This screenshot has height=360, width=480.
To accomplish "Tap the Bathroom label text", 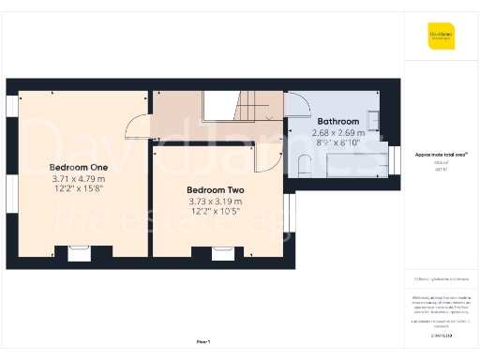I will coord(337,122).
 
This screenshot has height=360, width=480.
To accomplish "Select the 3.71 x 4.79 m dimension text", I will coord(79,179).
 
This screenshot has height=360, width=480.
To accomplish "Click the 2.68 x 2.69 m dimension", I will coord(337,133).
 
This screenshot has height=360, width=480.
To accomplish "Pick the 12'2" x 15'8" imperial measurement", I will coord(79,189).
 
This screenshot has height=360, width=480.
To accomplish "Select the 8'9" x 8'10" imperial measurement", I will coord(337,143).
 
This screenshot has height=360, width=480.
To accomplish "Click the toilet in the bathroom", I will coord(304,167).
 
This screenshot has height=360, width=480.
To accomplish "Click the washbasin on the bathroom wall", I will coord(374,120).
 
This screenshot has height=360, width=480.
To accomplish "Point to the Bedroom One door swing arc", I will coord(137,125).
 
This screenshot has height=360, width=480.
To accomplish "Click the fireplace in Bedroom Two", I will coord(222,251).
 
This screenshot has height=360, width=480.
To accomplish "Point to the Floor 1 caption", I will coord(202,341).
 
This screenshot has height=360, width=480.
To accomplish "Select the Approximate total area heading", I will coord(441,154).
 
